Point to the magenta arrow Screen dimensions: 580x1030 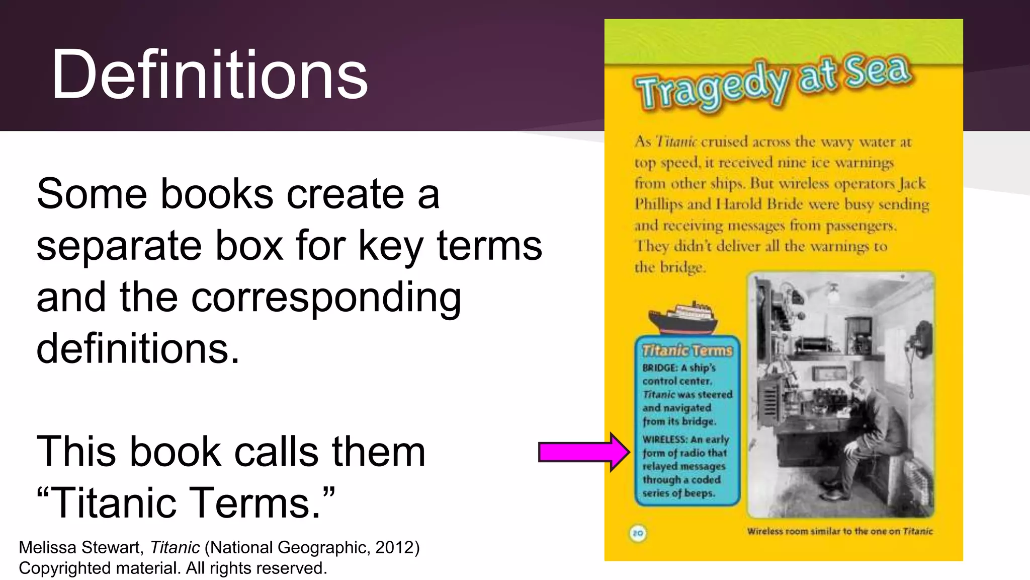583,452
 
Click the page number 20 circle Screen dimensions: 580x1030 638,533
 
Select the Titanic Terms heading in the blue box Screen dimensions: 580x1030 687,350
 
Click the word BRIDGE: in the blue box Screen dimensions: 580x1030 660,368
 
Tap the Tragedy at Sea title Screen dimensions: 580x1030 772,83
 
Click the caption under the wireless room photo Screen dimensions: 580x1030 839,531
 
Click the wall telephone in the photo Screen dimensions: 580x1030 921,342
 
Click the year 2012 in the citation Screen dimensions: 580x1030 394,547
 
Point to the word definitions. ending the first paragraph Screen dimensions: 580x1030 138,348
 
